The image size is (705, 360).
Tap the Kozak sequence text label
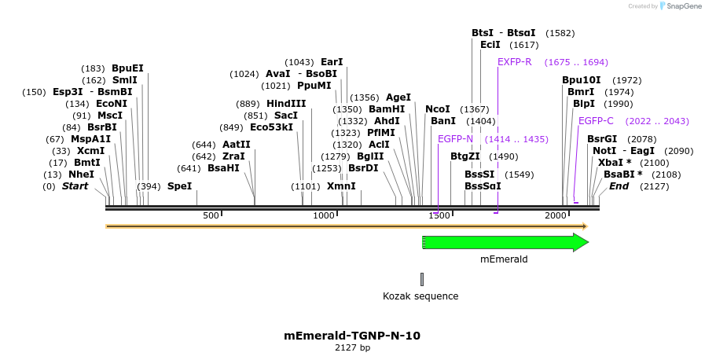click(x=420, y=296)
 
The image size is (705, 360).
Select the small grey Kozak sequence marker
click(x=422, y=279)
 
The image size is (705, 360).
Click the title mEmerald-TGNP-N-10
click(x=352, y=336)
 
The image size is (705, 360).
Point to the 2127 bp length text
click(x=352, y=347)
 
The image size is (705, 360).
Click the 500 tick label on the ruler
click(x=211, y=215)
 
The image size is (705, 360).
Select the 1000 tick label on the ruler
click(x=324, y=215)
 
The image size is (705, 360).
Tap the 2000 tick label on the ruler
click(x=556, y=215)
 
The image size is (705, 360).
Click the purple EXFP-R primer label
click(x=515, y=62)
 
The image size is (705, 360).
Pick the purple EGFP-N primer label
click(x=455, y=139)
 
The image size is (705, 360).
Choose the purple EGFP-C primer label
click(x=596, y=121)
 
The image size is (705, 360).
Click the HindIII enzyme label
click(x=286, y=104)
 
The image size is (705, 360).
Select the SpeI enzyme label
click(x=179, y=186)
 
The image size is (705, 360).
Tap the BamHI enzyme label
click(x=387, y=109)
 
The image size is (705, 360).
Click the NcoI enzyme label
click(x=438, y=109)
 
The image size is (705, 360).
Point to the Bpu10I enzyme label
click(x=582, y=80)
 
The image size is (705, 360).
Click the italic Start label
click(x=75, y=186)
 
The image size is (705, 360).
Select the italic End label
click(x=619, y=186)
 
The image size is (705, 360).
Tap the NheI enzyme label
click(x=81, y=174)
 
